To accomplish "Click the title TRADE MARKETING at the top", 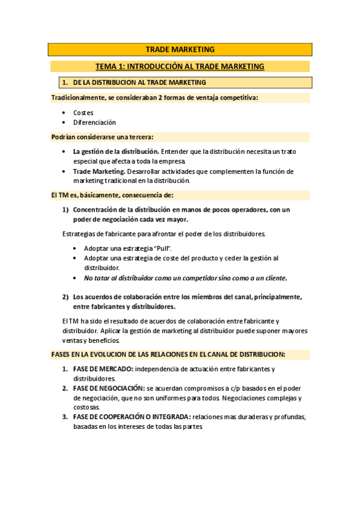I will tap(180, 49).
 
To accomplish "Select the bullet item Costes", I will tap(84, 112).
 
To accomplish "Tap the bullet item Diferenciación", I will tap(94, 122).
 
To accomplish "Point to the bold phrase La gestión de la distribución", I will tap(116, 152).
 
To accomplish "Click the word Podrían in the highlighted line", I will tap(64, 137).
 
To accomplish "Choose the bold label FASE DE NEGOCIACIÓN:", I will tap(109, 388).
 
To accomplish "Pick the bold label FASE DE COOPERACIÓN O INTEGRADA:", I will tap(132, 417).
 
